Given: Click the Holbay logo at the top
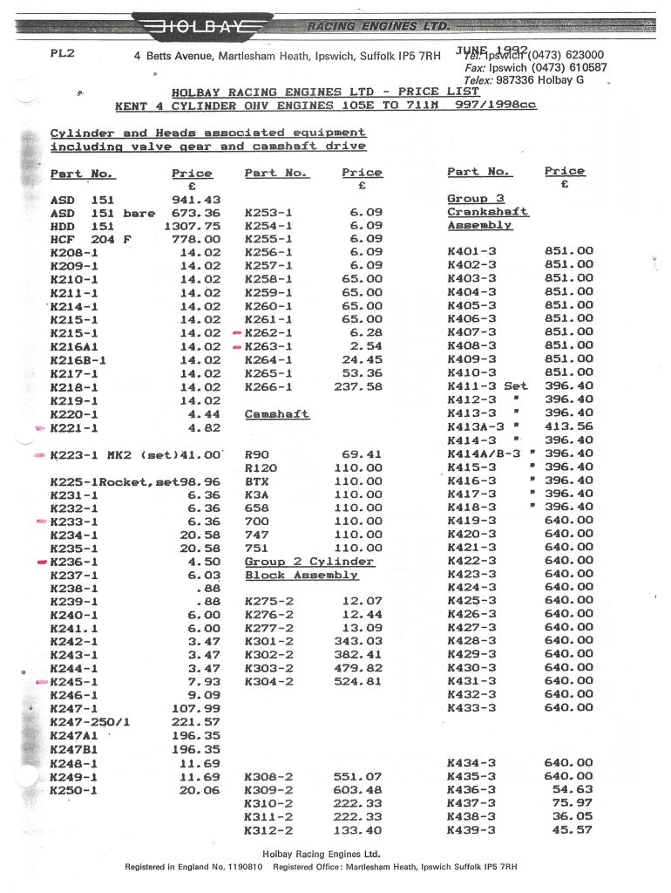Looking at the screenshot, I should tap(199, 26).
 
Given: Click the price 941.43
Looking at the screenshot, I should tap(200, 200).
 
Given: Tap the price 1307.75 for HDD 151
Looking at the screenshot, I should tap(196, 227).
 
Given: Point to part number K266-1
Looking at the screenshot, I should tap(270, 386).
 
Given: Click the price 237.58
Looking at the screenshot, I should tap(358, 386).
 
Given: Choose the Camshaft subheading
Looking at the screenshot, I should tap(277, 413).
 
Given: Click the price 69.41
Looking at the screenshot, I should tap(362, 454).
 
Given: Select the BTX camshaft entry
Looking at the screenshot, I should tap(258, 481).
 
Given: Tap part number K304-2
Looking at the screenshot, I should tap(270, 681).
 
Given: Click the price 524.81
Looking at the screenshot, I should tap(358, 681).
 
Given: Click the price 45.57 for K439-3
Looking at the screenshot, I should tap(572, 829).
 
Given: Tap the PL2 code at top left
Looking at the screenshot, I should tap(63, 53).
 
